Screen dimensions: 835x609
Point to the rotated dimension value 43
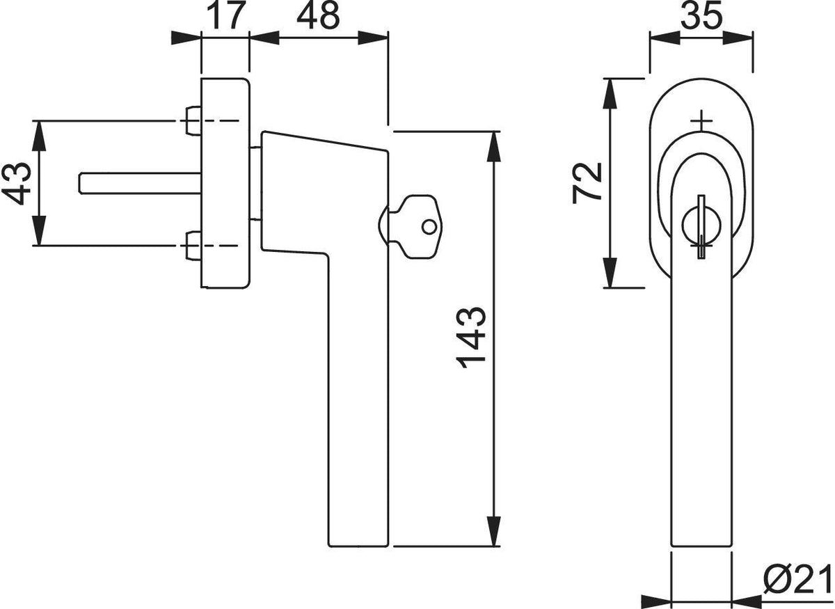tap(16, 184)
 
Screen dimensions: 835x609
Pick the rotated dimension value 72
tap(587, 183)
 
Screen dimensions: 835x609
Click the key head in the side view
tap(415, 226)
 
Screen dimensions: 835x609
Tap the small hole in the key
tap(429, 227)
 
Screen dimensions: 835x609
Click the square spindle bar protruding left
tap(141, 184)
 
